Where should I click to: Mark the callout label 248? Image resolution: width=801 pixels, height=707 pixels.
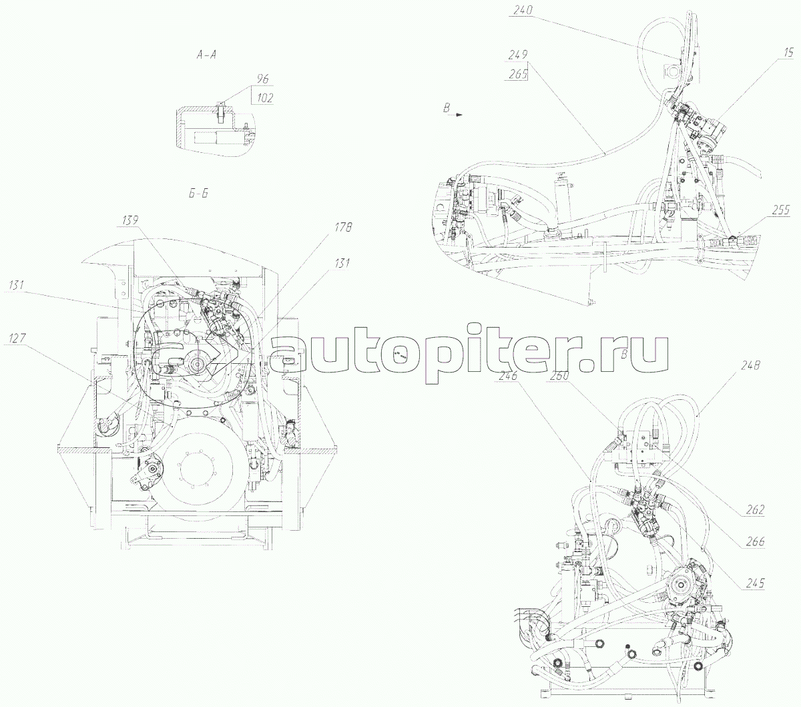751,366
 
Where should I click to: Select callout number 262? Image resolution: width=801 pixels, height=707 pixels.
755,510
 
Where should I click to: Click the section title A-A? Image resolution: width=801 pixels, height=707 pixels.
206,56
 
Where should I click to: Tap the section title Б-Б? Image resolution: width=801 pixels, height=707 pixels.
197,193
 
